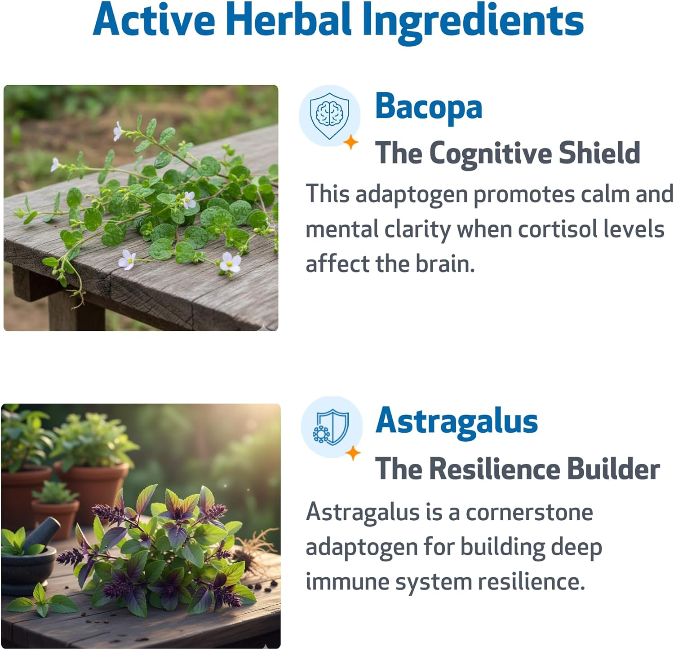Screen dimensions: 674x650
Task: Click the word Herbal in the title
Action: click(x=288, y=20)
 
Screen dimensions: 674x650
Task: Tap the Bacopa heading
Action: click(x=429, y=106)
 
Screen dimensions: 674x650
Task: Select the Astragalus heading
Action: click(x=457, y=422)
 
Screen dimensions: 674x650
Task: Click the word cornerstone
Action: click(x=529, y=513)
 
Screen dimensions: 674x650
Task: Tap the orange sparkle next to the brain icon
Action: click(x=351, y=142)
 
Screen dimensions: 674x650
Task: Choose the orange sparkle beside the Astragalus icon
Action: click(x=353, y=453)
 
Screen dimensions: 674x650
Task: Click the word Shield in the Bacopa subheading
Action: click(x=599, y=153)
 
